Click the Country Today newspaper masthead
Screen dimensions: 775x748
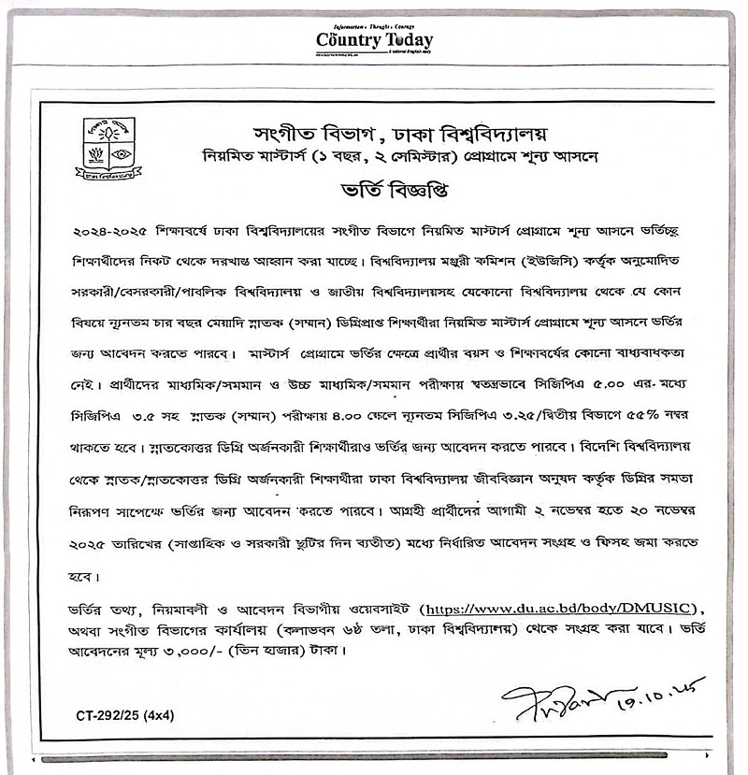pyautogui.click(x=374, y=40)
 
